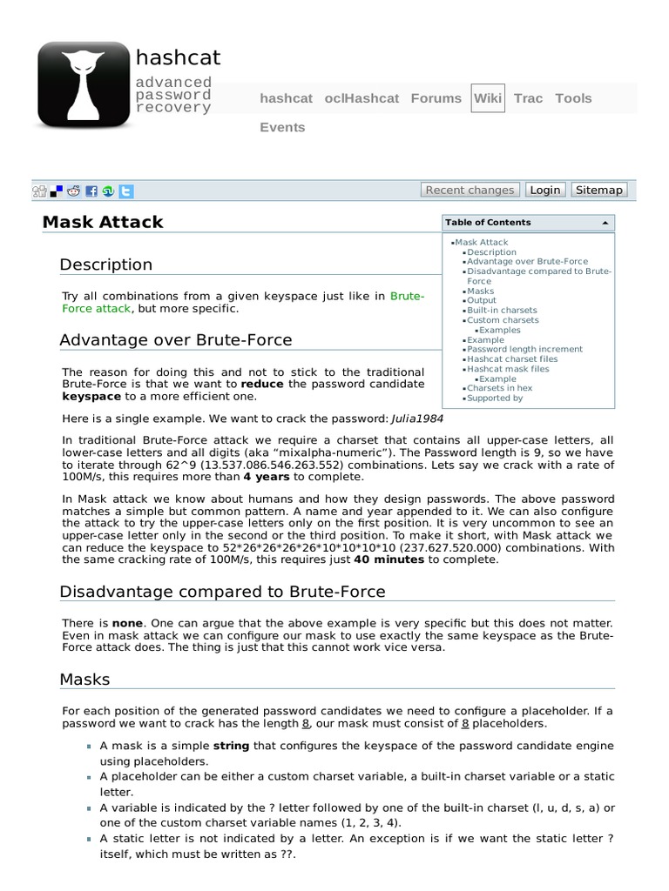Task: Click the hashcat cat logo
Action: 84,86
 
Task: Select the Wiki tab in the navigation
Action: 487,98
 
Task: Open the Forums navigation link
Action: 436,98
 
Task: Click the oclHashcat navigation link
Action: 362,98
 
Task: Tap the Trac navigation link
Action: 529,98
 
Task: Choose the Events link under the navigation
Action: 282,127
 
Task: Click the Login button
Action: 545,190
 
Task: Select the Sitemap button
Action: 599,190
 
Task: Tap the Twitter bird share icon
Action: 126,191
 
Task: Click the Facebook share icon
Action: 91,191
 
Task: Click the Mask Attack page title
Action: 103,222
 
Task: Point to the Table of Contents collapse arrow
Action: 605,223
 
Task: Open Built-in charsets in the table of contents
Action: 502,310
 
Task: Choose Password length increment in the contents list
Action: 524,349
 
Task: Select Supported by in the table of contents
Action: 495,398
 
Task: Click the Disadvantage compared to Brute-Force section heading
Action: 222,592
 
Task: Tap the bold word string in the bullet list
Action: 231,746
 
